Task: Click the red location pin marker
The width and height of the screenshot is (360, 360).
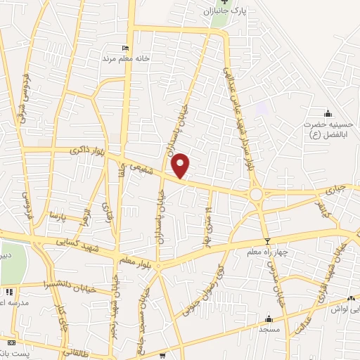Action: pyautogui.click(x=181, y=165)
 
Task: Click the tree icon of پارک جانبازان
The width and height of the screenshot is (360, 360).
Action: pyautogui.click(x=224, y=3)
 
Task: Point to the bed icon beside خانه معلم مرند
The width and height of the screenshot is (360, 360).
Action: pyautogui.click(x=126, y=48)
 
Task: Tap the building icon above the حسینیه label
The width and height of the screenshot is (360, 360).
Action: pyautogui.click(x=327, y=113)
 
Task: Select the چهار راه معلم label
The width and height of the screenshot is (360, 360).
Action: pyautogui.click(x=266, y=252)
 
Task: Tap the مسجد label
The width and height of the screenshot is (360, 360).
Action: pyautogui.click(x=269, y=328)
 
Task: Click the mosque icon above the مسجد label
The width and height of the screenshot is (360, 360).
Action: pyautogui.click(x=269, y=318)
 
